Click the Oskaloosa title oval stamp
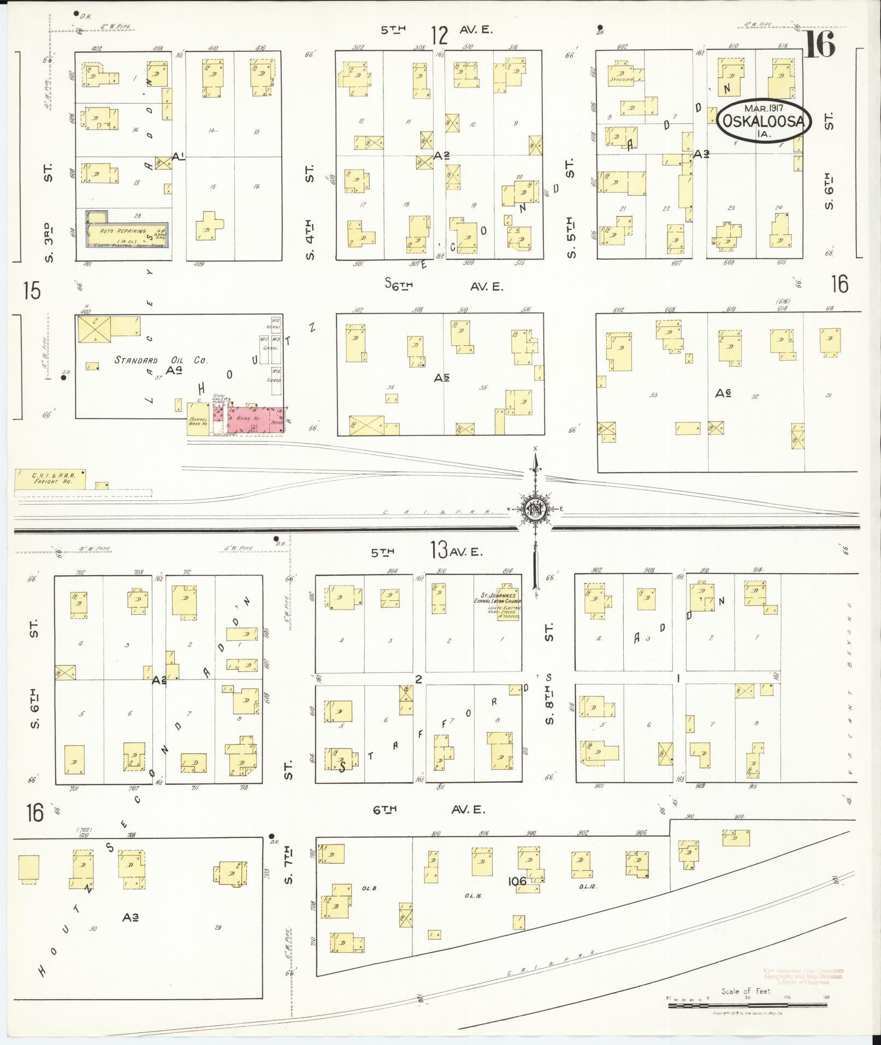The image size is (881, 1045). [764, 121]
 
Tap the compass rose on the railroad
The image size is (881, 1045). [535, 510]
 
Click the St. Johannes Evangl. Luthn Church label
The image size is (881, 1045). [498, 598]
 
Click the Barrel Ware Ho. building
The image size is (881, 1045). [197, 420]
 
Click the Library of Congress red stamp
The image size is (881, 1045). [802, 976]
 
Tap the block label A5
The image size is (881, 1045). [442, 377]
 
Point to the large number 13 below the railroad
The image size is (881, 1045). [439, 550]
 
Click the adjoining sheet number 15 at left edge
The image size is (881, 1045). [32, 291]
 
